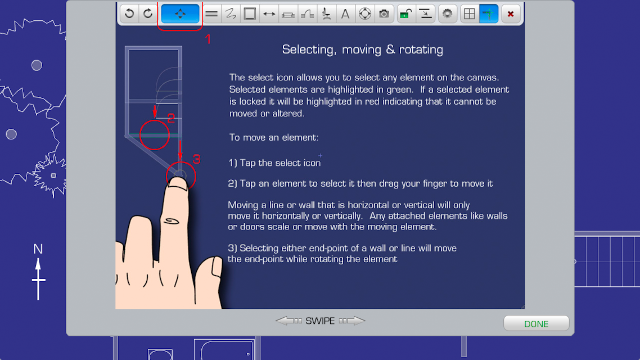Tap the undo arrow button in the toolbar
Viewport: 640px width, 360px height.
click(x=129, y=14)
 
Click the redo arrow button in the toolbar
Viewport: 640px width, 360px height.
click(x=148, y=14)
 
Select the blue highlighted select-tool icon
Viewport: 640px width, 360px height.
click(x=180, y=14)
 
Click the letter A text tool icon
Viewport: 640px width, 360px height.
click(x=345, y=14)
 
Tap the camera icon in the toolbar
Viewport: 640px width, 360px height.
click(x=384, y=14)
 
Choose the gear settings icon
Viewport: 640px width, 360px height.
click(x=447, y=14)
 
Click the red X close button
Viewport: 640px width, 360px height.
click(x=511, y=14)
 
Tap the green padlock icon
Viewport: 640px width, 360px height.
click(x=405, y=14)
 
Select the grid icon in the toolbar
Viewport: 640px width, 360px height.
click(x=470, y=14)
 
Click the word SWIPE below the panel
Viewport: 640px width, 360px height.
click(x=320, y=321)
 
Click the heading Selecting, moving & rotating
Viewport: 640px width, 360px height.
click(x=362, y=49)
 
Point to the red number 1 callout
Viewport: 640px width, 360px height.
click(x=208, y=39)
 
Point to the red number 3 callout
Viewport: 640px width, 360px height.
click(x=196, y=159)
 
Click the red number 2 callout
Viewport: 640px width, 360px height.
click(x=171, y=118)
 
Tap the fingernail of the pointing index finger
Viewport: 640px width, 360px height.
click(x=177, y=184)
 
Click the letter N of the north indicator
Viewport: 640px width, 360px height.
click(x=38, y=249)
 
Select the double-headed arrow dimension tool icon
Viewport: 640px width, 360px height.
click(x=269, y=14)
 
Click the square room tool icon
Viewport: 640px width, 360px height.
click(x=250, y=14)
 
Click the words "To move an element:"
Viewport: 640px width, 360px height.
click(x=274, y=138)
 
